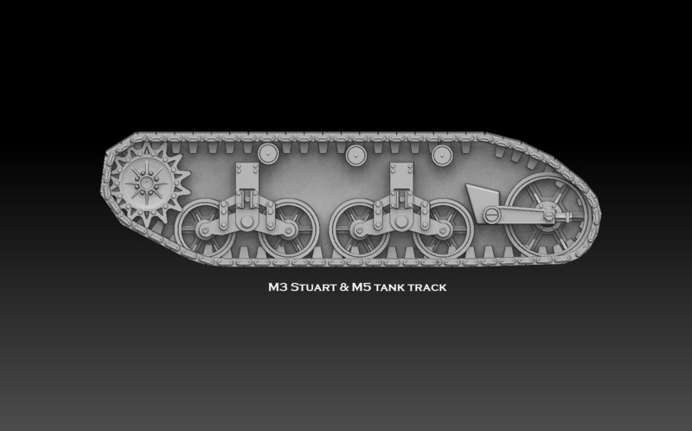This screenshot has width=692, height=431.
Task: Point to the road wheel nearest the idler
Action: tap(440, 230)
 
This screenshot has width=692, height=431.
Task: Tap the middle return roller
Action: tap(354, 155)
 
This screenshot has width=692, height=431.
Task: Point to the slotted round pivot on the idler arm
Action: tap(492, 214)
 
